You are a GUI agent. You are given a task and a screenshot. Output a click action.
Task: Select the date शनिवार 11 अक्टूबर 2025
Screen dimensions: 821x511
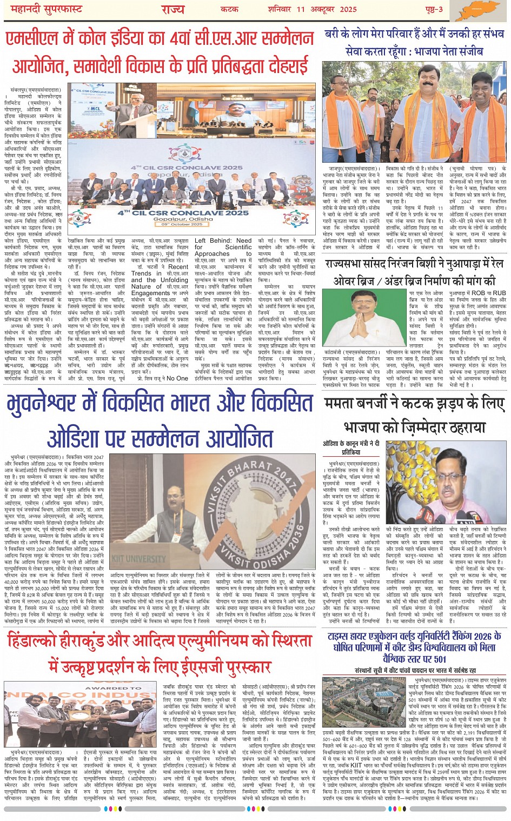click(312, 9)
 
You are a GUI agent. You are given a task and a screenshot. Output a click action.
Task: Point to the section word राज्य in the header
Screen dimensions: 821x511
click(173, 9)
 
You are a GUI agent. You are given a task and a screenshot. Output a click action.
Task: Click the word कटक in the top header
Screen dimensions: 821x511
click(229, 9)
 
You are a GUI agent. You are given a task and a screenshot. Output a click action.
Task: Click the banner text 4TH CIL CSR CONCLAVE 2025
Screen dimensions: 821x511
click(183, 212)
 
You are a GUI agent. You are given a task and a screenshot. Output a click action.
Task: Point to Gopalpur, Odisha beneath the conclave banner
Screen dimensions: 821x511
click(183, 219)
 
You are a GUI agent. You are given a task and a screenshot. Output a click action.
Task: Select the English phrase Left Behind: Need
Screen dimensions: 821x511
click(223, 241)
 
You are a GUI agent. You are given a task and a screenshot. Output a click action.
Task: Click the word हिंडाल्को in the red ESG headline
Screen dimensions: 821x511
click(35, 642)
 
